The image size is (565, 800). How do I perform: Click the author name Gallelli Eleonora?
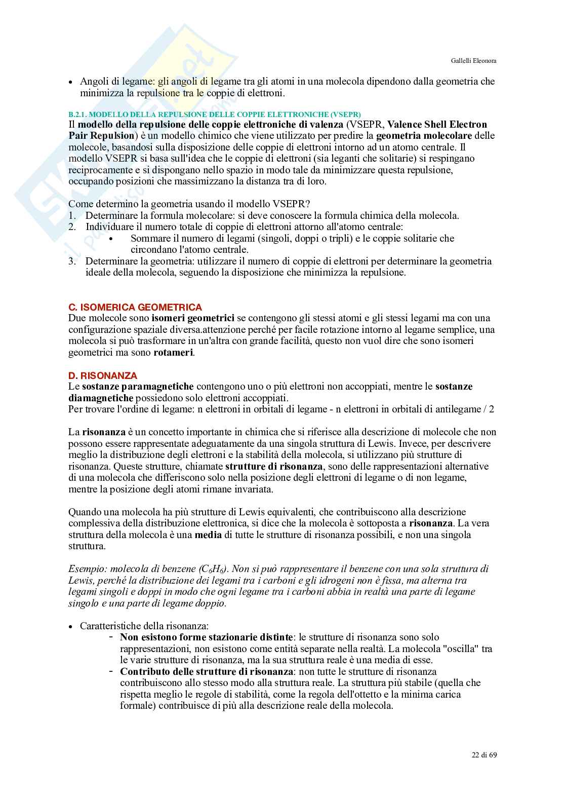click(x=473, y=60)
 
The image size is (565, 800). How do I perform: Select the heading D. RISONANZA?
click(x=102, y=375)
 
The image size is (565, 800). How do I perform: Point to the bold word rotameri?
click(x=173, y=352)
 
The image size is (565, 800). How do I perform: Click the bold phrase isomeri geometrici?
click(x=192, y=318)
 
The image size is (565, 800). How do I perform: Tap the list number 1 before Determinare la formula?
click(x=71, y=215)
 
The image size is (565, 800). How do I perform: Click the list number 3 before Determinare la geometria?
click(x=72, y=261)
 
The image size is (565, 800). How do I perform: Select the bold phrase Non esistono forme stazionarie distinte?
click(x=206, y=637)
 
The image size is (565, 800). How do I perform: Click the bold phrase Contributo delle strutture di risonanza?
click(x=207, y=671)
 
